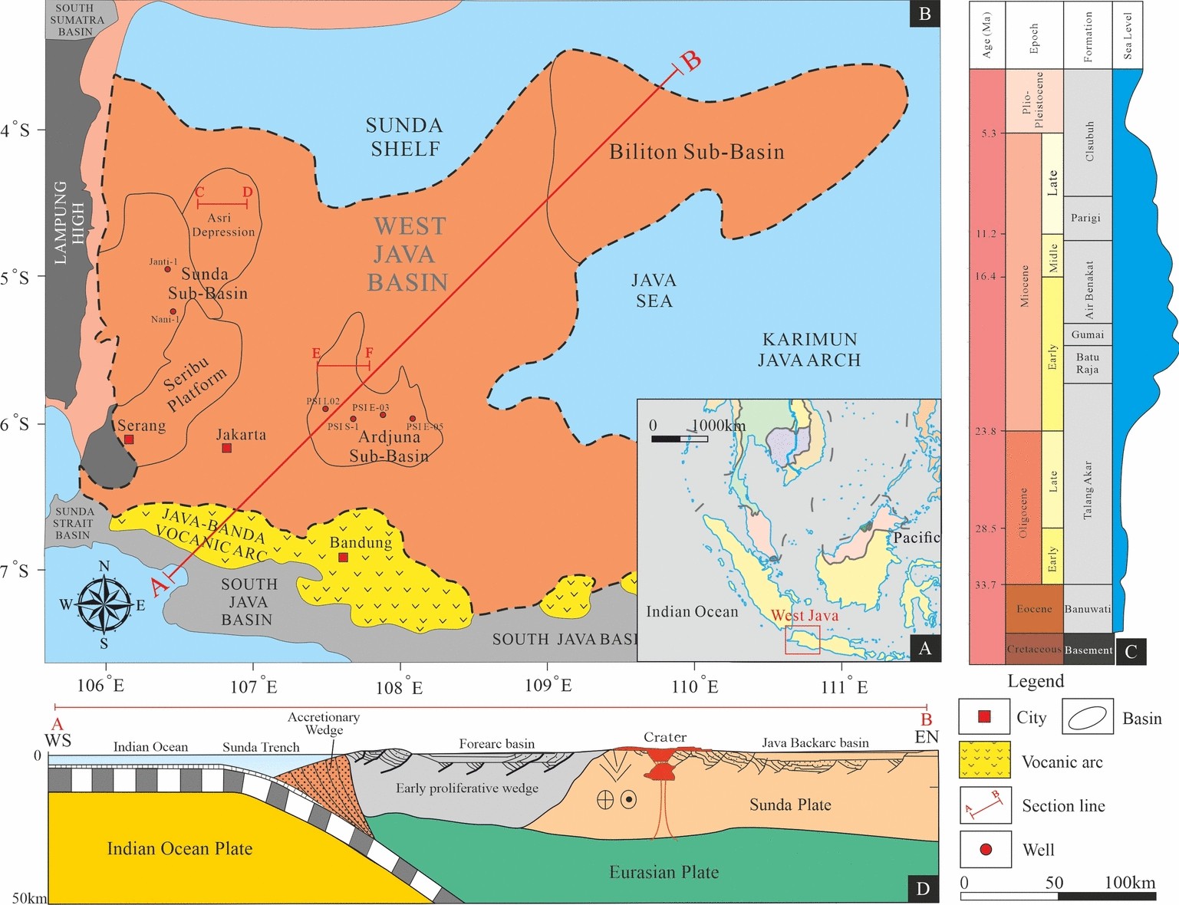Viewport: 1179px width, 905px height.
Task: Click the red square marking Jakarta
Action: point(227,448)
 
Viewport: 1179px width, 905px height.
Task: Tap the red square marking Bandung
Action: point(343,558)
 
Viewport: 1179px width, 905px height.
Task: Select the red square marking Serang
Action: point(129,439)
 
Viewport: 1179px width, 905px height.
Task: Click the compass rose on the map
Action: point(104,605)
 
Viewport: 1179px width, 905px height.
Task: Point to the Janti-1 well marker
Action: point(168,269)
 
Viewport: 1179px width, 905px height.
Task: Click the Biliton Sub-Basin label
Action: point(697,152)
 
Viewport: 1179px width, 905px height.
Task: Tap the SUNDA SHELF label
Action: point(404,137)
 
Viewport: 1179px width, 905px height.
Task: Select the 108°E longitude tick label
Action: point(399,686)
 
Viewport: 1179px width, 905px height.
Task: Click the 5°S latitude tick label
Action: point(15,278)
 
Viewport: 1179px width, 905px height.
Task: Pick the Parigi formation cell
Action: point(1086,218)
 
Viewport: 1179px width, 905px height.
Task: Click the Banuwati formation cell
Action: point(1088,609)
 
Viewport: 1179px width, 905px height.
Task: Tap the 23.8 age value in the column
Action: point(986,431)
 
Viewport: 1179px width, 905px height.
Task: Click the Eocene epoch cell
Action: point(1033,609)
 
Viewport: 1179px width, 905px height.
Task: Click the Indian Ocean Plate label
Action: point(179,848)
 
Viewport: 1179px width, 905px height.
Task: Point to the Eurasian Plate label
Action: point(664,872)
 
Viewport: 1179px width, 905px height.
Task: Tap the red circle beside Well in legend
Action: point(986,850)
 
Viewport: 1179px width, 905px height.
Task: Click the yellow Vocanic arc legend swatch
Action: point(985,760)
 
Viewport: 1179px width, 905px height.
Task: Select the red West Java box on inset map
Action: point(802,640)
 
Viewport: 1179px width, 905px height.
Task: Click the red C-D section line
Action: point(222,204)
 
